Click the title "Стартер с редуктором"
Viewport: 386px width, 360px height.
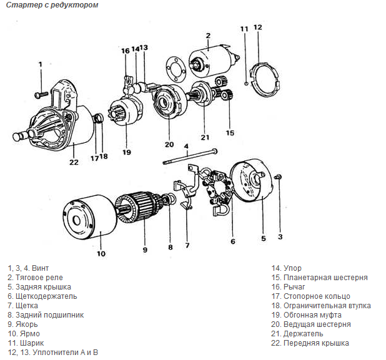(x=43, y=5)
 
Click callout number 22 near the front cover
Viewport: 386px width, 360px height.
(x=74, y=163)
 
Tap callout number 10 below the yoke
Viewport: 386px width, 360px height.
(x=101, y=253)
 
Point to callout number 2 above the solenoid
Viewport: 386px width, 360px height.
(x=207, y=35)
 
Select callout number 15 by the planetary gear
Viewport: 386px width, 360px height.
(x=230, y=133)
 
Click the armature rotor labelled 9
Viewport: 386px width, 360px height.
(x=141, y=209)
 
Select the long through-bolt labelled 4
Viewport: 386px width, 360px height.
(x=191, y=157)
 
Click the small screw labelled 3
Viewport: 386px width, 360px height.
(x=279, y=178)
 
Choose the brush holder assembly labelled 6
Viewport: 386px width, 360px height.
(x=219, y=187)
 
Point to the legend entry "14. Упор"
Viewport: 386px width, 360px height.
(x=293, y=268)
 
